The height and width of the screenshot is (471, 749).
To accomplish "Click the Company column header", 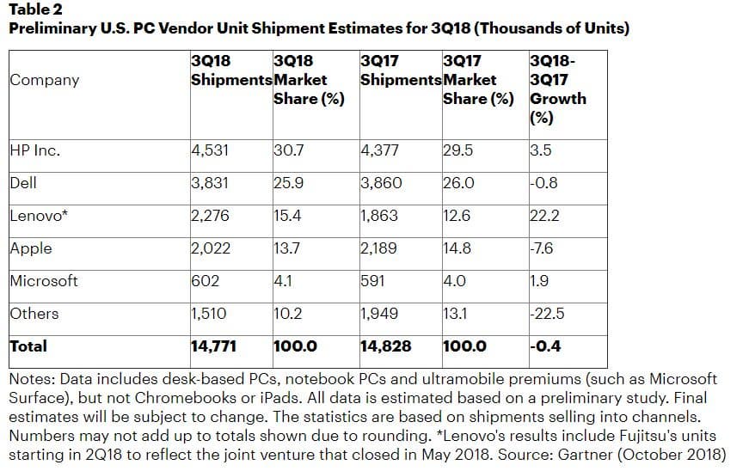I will point(44,80).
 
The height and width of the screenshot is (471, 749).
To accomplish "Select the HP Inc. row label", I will point(34,150).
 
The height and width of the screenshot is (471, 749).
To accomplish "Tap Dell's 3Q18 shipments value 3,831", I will point(210,182).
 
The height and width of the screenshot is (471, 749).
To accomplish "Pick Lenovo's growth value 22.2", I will point(545,216).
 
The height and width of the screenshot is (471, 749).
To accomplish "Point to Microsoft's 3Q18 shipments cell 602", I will point(205,281).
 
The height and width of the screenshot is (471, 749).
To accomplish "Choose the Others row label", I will point(34,314).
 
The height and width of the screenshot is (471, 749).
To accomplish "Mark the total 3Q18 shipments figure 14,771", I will point(213,346).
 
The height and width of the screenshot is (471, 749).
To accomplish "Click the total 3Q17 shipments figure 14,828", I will point(385,346).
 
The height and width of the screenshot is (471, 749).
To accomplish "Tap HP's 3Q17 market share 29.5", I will point(457,150).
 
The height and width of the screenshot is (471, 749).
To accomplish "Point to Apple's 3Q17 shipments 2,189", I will point(379,248).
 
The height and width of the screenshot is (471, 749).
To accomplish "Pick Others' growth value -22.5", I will point(548,314).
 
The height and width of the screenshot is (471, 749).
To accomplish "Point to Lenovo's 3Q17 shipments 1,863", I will point(379,216).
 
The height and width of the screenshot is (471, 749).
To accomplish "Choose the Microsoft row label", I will point(44,281).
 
